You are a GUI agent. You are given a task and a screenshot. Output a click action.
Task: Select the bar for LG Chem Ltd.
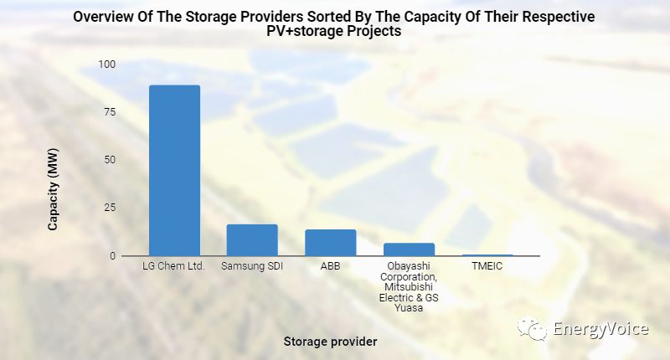tap(174, 170)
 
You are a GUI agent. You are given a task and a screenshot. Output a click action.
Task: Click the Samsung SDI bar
tap(252, 239)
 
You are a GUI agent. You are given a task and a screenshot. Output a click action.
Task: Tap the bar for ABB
tap(330, 242)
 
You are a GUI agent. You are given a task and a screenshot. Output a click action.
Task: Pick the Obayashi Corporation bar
tap(409, 249)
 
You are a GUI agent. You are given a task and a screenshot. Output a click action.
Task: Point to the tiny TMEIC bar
tap(487, 255)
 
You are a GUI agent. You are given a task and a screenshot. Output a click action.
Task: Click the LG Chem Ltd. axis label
tap(174, 267)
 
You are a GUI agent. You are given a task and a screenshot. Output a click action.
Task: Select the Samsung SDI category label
tap(252, 267)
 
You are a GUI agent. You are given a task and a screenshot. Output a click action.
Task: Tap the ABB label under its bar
tap(330, 267)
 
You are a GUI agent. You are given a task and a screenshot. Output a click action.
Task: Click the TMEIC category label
tap(487, 267)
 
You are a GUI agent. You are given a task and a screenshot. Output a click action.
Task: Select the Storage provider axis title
tap(330, 342)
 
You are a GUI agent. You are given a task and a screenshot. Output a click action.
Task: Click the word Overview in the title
tap(105, 16)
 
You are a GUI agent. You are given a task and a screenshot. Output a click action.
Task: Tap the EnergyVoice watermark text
tap(600, 329)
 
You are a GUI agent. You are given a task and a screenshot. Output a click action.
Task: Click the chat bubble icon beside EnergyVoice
tap(533, 329)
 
